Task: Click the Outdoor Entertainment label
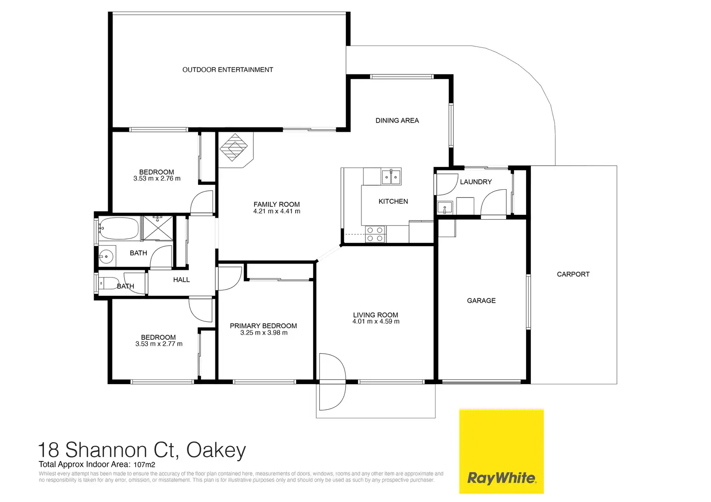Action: click(x=228, y=70)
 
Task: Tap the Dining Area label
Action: click(x=397, y=121)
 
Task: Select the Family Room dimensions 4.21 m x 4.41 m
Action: click(x=277, y=211)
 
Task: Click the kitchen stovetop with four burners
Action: click(x=375, y=235)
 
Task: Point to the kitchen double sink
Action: click(x=391, y=177)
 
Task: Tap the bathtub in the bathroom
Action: click(x=119, y=229)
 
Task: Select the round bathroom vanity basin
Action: click(x=106, y=255)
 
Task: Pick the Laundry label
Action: click(x=476, y=182)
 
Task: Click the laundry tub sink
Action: click(x=444, y=208)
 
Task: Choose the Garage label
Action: click(x=481, y=301)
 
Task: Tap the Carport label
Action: click(x=573, y=274)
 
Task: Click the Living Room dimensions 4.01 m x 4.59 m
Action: click(x=376, y=321)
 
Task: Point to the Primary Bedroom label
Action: click(x=263, y=326)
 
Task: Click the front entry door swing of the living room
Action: click(x=333, y=381)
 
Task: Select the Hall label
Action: click(x=182, y=280)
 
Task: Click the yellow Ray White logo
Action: click(x=501, y=451)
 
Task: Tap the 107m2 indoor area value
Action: click(x=144, y=465)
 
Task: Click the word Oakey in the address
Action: click(x=216, y=450)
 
